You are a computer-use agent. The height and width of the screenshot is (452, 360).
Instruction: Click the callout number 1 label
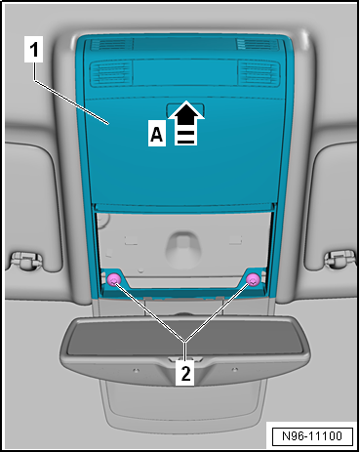(x=34, y=50)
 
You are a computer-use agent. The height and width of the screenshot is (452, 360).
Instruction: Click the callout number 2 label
(x=185, y=373)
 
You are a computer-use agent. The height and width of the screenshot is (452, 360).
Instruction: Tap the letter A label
(x=157, y=133)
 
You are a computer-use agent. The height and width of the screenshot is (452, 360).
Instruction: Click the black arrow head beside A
(x=186, y=112)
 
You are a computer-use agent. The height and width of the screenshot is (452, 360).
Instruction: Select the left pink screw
(x=114, y=280)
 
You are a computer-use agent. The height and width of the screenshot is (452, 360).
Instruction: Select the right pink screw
(x=253, y=279)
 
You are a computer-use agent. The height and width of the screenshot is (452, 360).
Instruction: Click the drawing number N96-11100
(x=312, y=436)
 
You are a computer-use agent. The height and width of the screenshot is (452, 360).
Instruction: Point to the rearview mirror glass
(x=184, y=339)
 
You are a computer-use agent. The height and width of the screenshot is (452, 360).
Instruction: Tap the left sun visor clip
(x=26, y=260)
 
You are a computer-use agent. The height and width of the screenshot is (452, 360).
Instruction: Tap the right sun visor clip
(x=340, y=260)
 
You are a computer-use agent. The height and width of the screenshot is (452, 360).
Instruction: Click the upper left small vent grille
(x=111, y=45)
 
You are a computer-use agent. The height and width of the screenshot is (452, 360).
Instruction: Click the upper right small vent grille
(x=258, y=44)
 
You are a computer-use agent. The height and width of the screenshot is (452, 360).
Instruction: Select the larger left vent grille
(x=111, y=73)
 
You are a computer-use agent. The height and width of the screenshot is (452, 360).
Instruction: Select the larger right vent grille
(x=259, y=73)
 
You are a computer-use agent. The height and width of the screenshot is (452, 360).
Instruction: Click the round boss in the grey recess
(x=180, y=249)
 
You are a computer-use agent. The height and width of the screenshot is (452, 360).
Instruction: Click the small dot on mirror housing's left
(x=137, y=370)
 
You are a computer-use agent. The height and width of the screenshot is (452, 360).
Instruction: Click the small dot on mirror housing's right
(x=234, y=370)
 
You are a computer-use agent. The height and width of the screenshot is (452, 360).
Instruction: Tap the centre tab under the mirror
(x=184, y=359)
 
